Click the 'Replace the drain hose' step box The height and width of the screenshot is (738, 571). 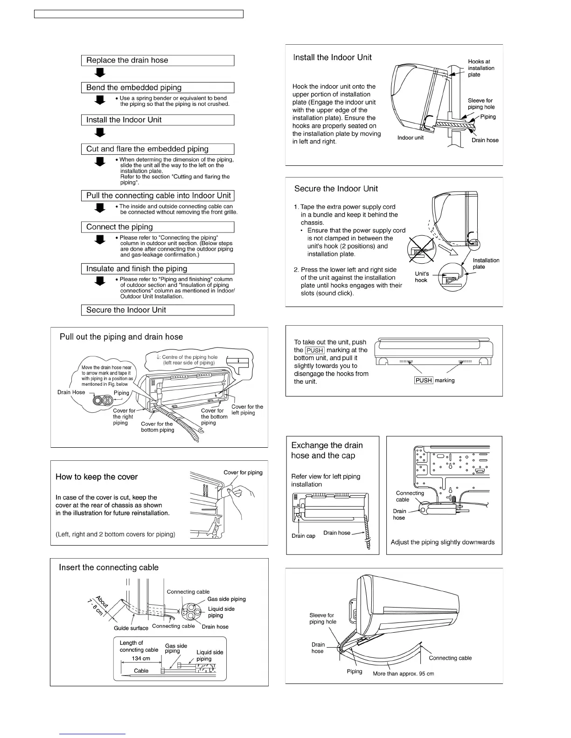157,61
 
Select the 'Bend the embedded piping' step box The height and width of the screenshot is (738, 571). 157,88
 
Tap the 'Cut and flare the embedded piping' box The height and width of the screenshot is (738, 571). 157,149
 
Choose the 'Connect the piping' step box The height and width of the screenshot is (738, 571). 157,227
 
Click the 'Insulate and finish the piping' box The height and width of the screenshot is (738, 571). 157,269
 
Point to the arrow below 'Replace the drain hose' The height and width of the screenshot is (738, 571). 100,73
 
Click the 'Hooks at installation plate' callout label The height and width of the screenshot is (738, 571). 481,68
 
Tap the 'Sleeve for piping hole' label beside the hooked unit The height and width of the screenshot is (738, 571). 481,104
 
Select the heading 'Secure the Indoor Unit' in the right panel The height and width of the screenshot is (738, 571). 336,189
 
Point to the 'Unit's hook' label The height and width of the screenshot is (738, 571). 422,277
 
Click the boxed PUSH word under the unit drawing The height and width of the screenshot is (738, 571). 424,380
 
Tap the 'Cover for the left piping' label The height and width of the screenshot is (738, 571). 247,410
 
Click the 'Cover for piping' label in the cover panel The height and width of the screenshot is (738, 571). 243,472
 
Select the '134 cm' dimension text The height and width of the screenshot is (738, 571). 141,658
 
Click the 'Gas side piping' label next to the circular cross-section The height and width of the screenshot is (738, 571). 226,599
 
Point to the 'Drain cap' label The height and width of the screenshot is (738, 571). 303,536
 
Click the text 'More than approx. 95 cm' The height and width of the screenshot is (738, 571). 403,674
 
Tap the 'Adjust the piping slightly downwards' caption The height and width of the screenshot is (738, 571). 442,542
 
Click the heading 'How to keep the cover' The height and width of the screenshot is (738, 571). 97,477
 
